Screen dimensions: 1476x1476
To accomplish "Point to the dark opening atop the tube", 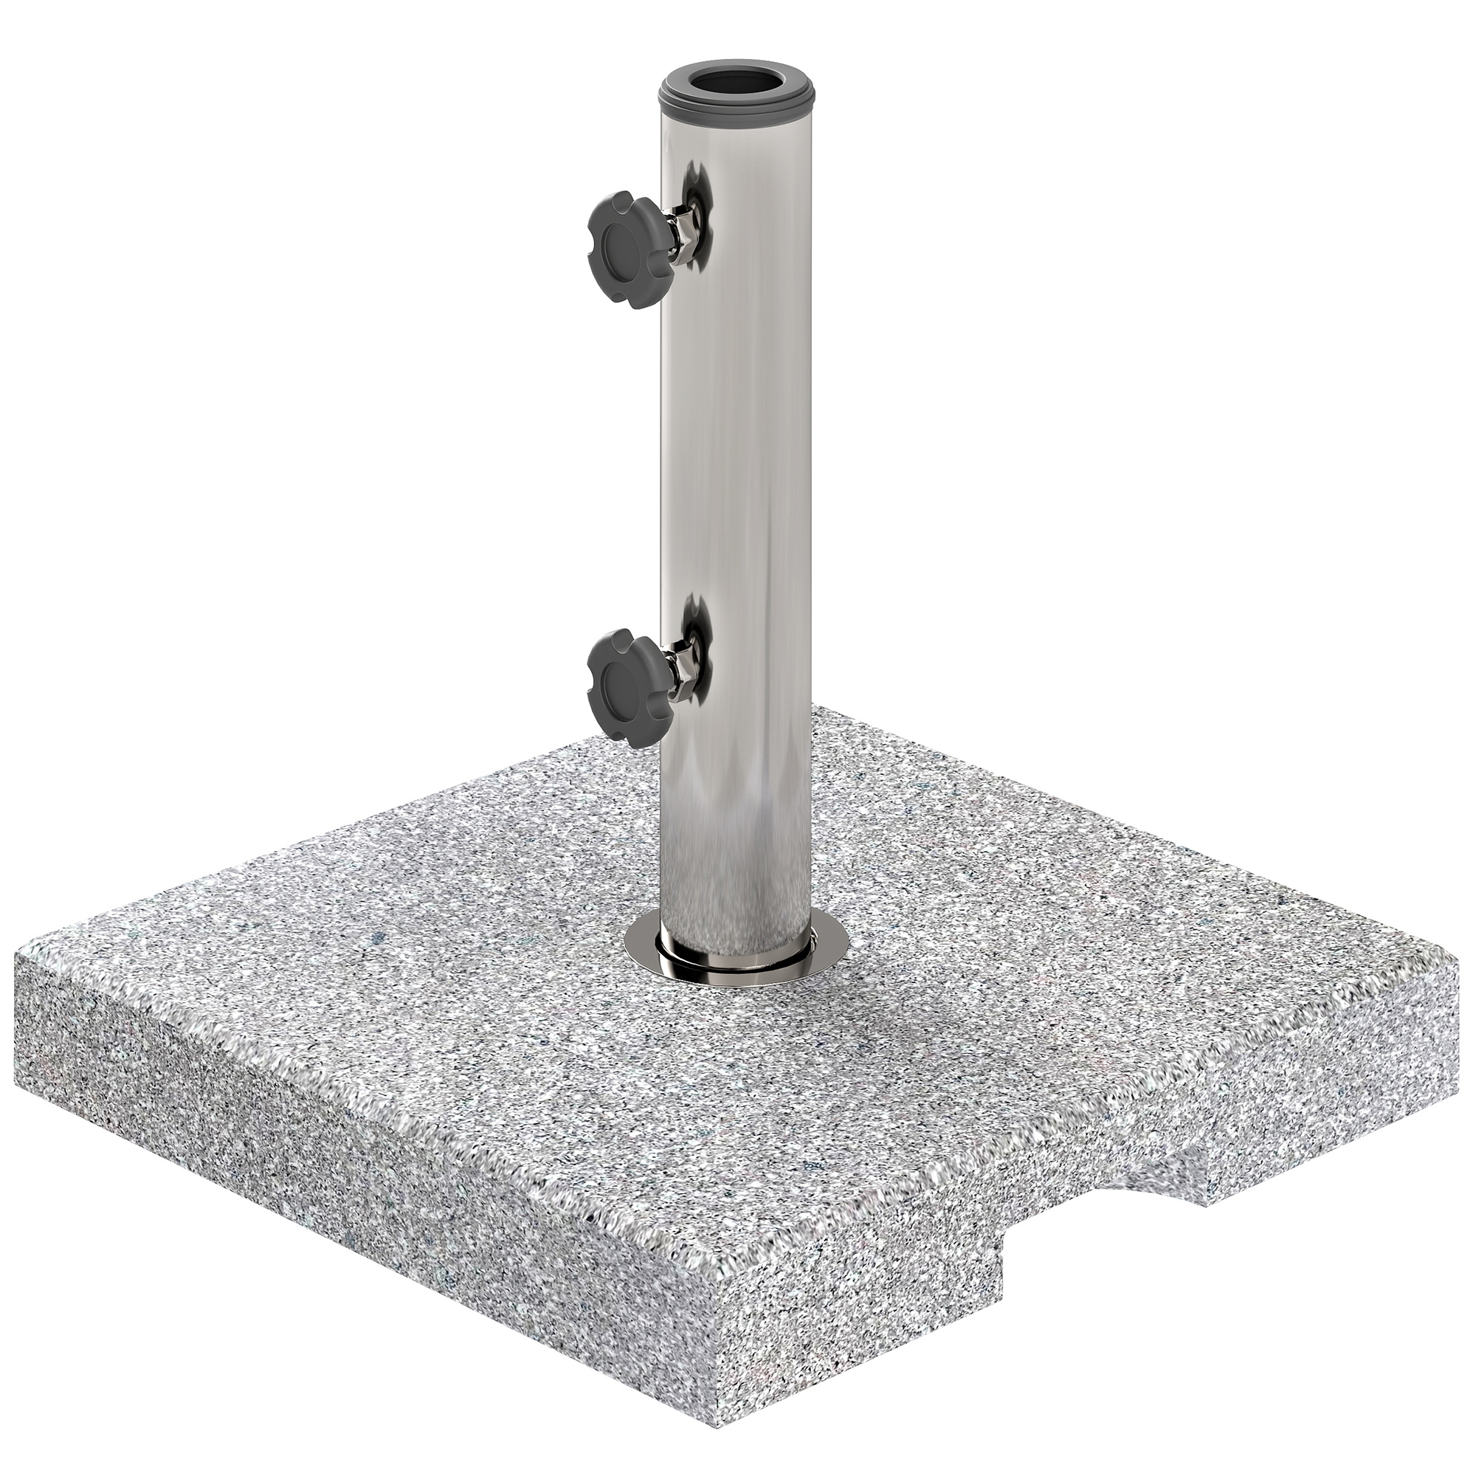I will [737, 83].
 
